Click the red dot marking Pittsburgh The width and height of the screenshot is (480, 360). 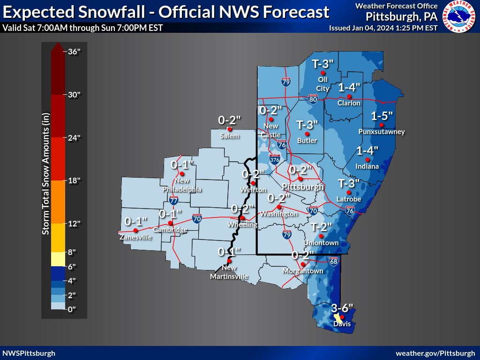tap(300, 179)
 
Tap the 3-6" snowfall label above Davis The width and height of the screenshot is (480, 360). tap(342, 308)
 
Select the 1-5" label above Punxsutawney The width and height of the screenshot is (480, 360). tap(382, 116)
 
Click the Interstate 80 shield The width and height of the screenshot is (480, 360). tap(314, 98)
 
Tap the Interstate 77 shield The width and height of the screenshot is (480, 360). tap(173, 201)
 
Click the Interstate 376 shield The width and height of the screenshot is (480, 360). tap(275, 160)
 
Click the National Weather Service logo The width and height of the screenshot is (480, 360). tap(459, 17)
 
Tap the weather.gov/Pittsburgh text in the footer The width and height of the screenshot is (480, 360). tap(435, 353)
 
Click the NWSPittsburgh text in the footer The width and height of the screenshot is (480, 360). tap(29, 353)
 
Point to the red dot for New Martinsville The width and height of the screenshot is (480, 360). tap(229, 261)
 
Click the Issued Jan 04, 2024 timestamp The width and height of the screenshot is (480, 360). tap(383, 28)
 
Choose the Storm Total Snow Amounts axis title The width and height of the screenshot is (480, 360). tap(45, 174)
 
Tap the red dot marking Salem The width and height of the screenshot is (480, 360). tap(230, 129)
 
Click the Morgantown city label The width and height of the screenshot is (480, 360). tap(303, 271)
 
